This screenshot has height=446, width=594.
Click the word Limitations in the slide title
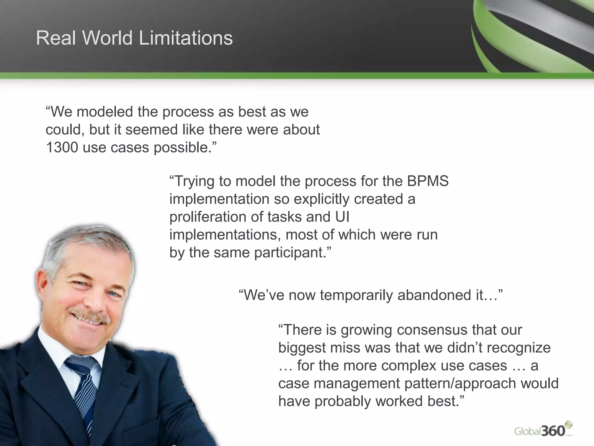click(x=186, y=38)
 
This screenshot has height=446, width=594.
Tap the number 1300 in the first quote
click(x=62, y=148)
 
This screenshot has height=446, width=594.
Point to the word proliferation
click(x=208, y=217)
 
